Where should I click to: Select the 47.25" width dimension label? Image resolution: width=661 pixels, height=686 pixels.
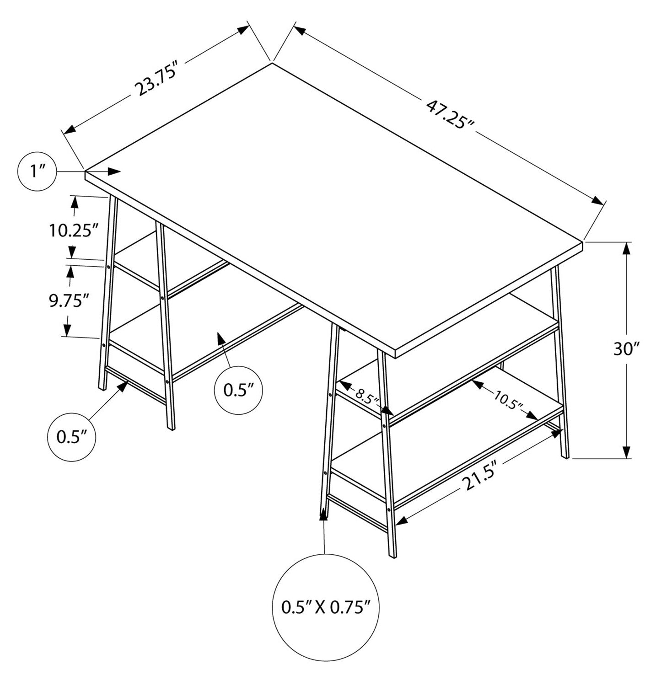point(451,115)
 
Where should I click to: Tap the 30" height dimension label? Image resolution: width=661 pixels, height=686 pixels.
point(626,349)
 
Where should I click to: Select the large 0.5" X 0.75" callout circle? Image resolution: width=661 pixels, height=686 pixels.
point(326,606)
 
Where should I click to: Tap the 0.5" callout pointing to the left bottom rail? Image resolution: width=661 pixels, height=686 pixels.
point(71,437)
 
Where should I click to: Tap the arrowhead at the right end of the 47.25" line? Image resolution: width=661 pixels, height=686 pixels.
point(598,201)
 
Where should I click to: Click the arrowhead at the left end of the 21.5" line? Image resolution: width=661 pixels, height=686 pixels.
point(401,520)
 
